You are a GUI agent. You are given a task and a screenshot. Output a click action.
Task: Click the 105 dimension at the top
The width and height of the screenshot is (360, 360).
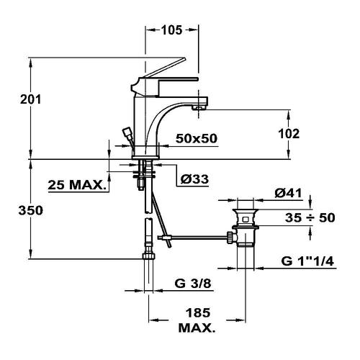(171, 30)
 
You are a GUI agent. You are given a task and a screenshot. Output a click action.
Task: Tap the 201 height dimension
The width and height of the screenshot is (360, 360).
(31, 99)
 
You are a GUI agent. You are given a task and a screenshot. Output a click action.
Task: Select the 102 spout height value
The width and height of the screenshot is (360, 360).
(289, 134)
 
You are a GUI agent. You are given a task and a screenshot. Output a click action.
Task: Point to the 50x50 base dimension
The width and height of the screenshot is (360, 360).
(197, 138)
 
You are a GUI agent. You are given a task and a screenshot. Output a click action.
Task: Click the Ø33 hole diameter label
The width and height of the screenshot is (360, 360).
(194, 179)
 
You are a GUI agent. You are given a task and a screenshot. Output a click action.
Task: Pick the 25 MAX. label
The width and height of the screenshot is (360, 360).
(77, 185)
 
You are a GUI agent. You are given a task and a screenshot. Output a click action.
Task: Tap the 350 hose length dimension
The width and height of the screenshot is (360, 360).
(31, 210)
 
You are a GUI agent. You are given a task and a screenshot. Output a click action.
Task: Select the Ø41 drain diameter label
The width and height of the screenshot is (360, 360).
(288, 193)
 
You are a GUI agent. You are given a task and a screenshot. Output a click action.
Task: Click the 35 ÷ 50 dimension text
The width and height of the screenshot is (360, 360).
(310, 217)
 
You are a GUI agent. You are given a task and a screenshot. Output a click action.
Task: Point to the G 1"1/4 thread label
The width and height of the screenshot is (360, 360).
(307, 261)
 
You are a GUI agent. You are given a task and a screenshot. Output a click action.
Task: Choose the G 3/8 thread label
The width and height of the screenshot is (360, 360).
(193, 284)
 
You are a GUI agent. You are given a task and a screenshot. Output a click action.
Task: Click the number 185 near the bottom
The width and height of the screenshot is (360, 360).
(198, 312)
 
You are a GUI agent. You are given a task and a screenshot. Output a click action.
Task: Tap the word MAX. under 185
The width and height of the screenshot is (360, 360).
(197, 328)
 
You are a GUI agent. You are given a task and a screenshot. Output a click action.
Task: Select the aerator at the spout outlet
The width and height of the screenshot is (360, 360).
(199, 107)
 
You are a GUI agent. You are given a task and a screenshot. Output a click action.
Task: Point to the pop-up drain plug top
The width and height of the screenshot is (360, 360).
(246, 211)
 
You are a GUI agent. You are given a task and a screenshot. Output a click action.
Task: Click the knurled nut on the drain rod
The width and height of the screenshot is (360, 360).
(230, 238)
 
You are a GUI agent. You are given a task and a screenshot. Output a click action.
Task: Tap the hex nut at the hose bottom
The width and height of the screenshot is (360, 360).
(148, 256)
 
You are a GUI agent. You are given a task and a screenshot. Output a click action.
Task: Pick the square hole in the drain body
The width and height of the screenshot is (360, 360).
(246, 220)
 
